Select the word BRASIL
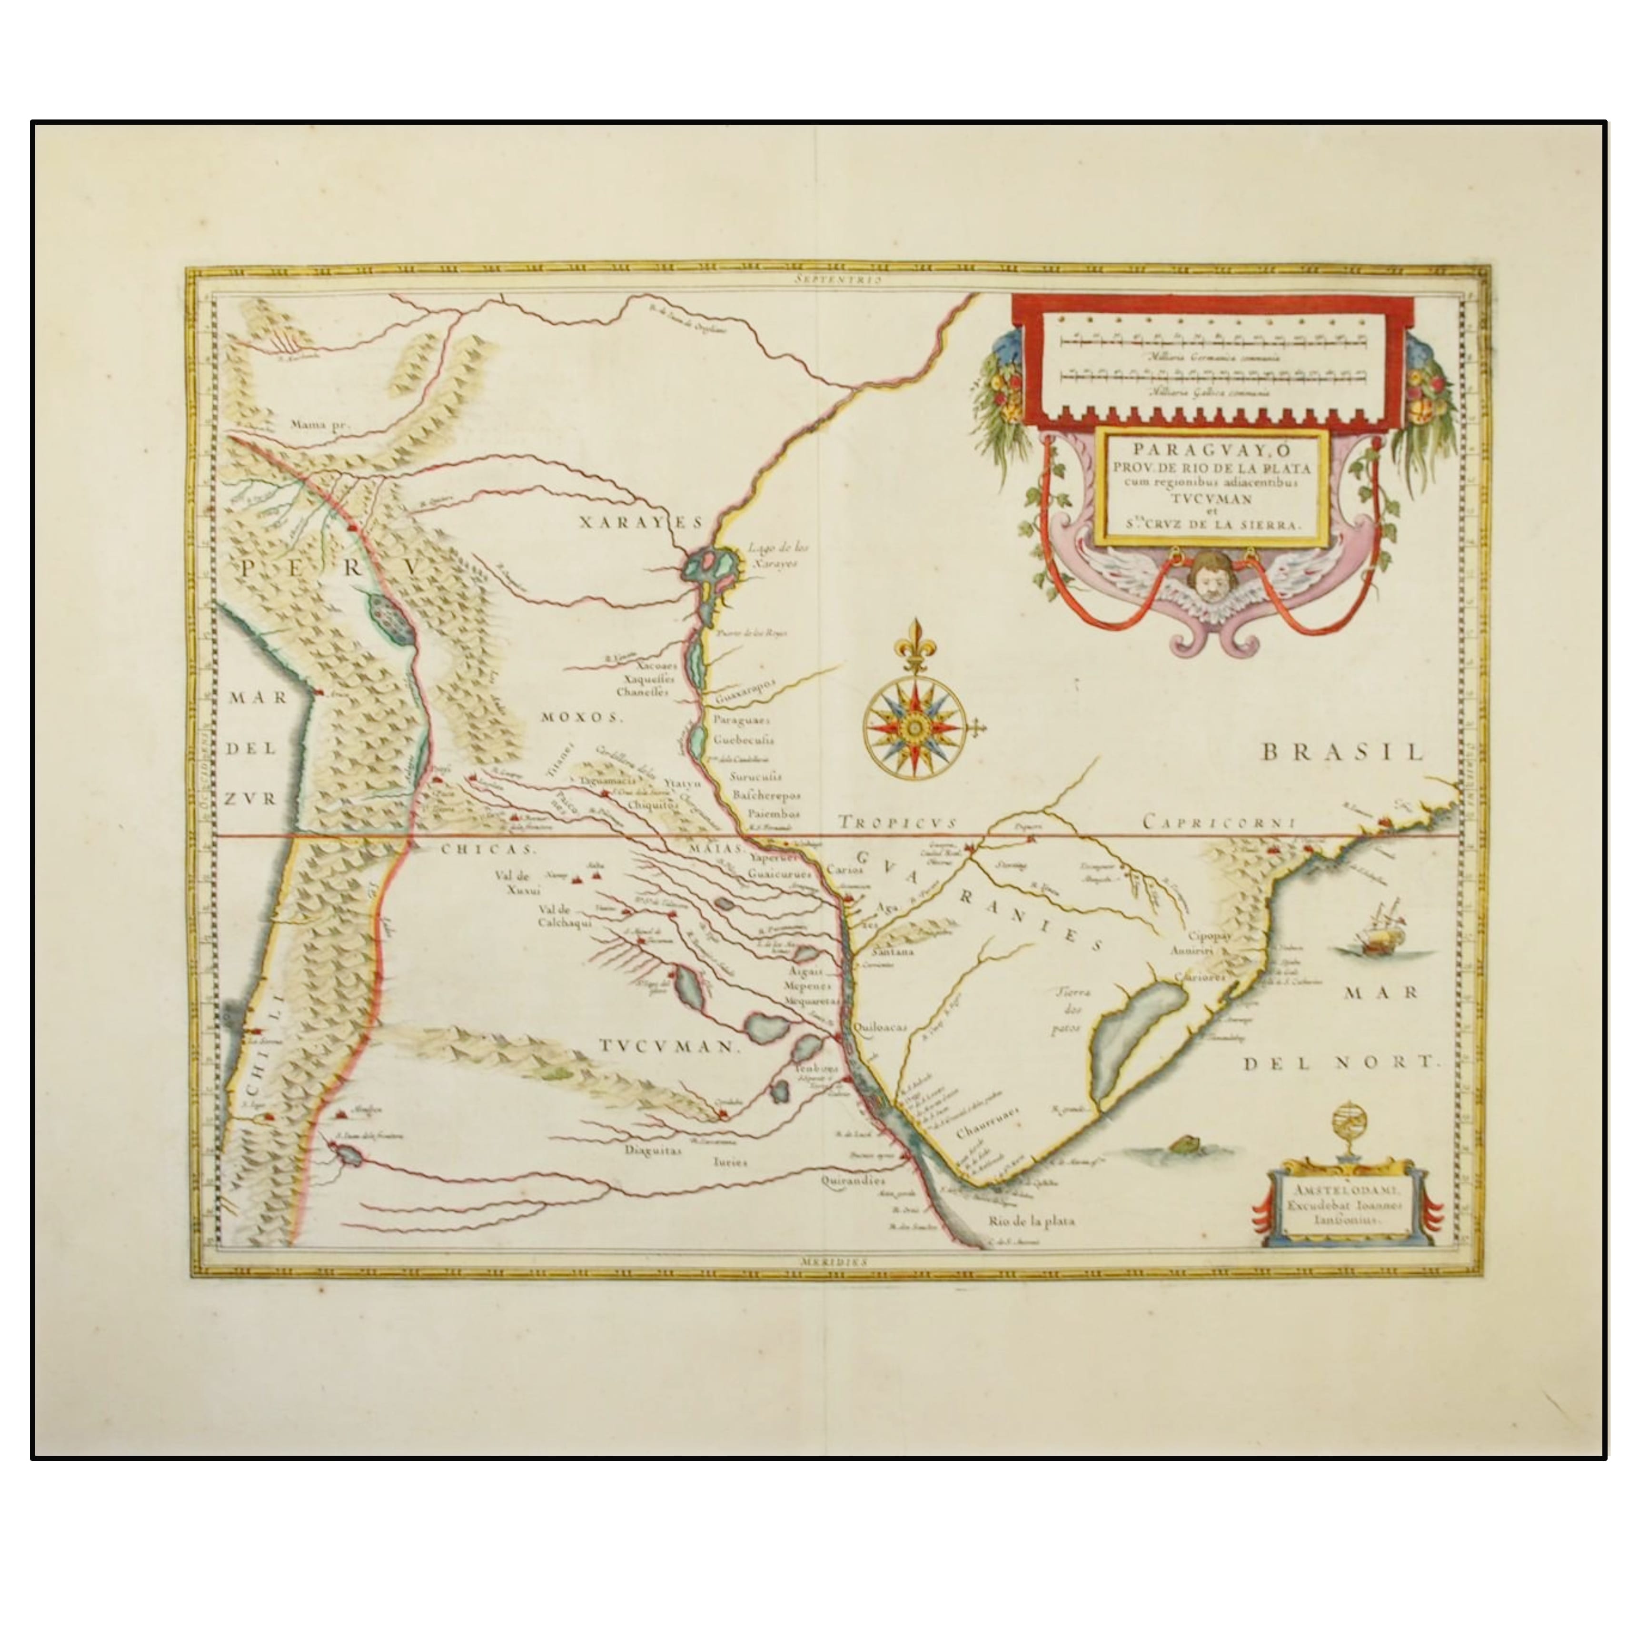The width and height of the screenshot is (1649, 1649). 1342,752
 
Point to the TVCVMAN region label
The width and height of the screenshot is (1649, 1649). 666,1046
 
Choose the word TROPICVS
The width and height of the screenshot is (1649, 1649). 895,822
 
